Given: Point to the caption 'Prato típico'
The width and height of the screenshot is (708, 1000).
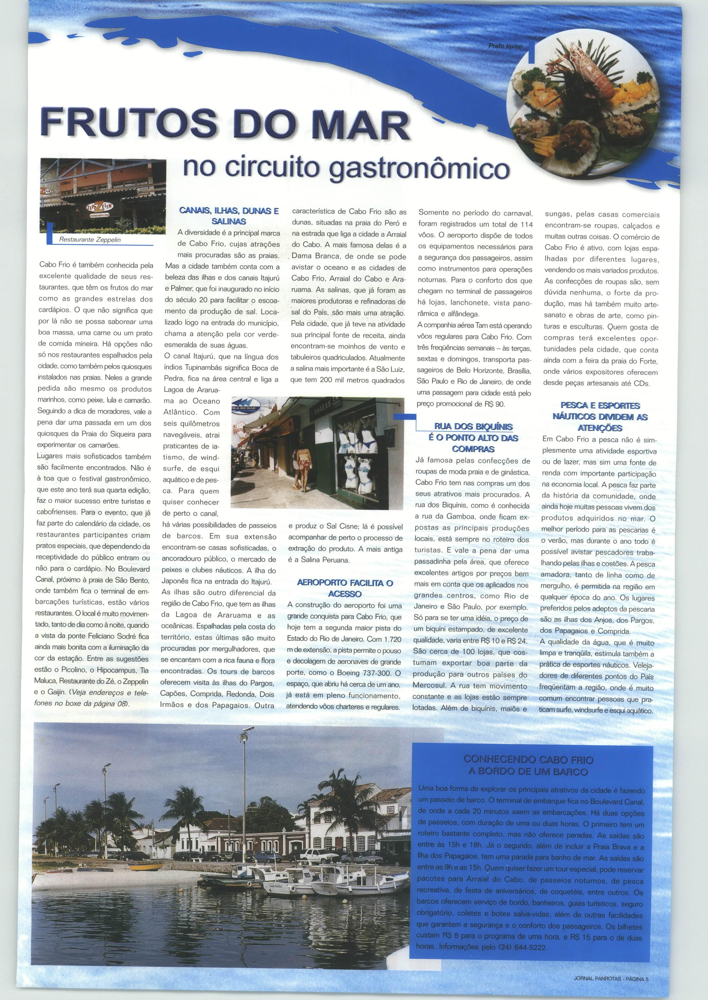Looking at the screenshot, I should [x=505, y=46].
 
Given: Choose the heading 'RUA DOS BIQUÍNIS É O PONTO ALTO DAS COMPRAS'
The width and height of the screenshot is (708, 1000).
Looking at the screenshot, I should [x=473, y=437].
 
